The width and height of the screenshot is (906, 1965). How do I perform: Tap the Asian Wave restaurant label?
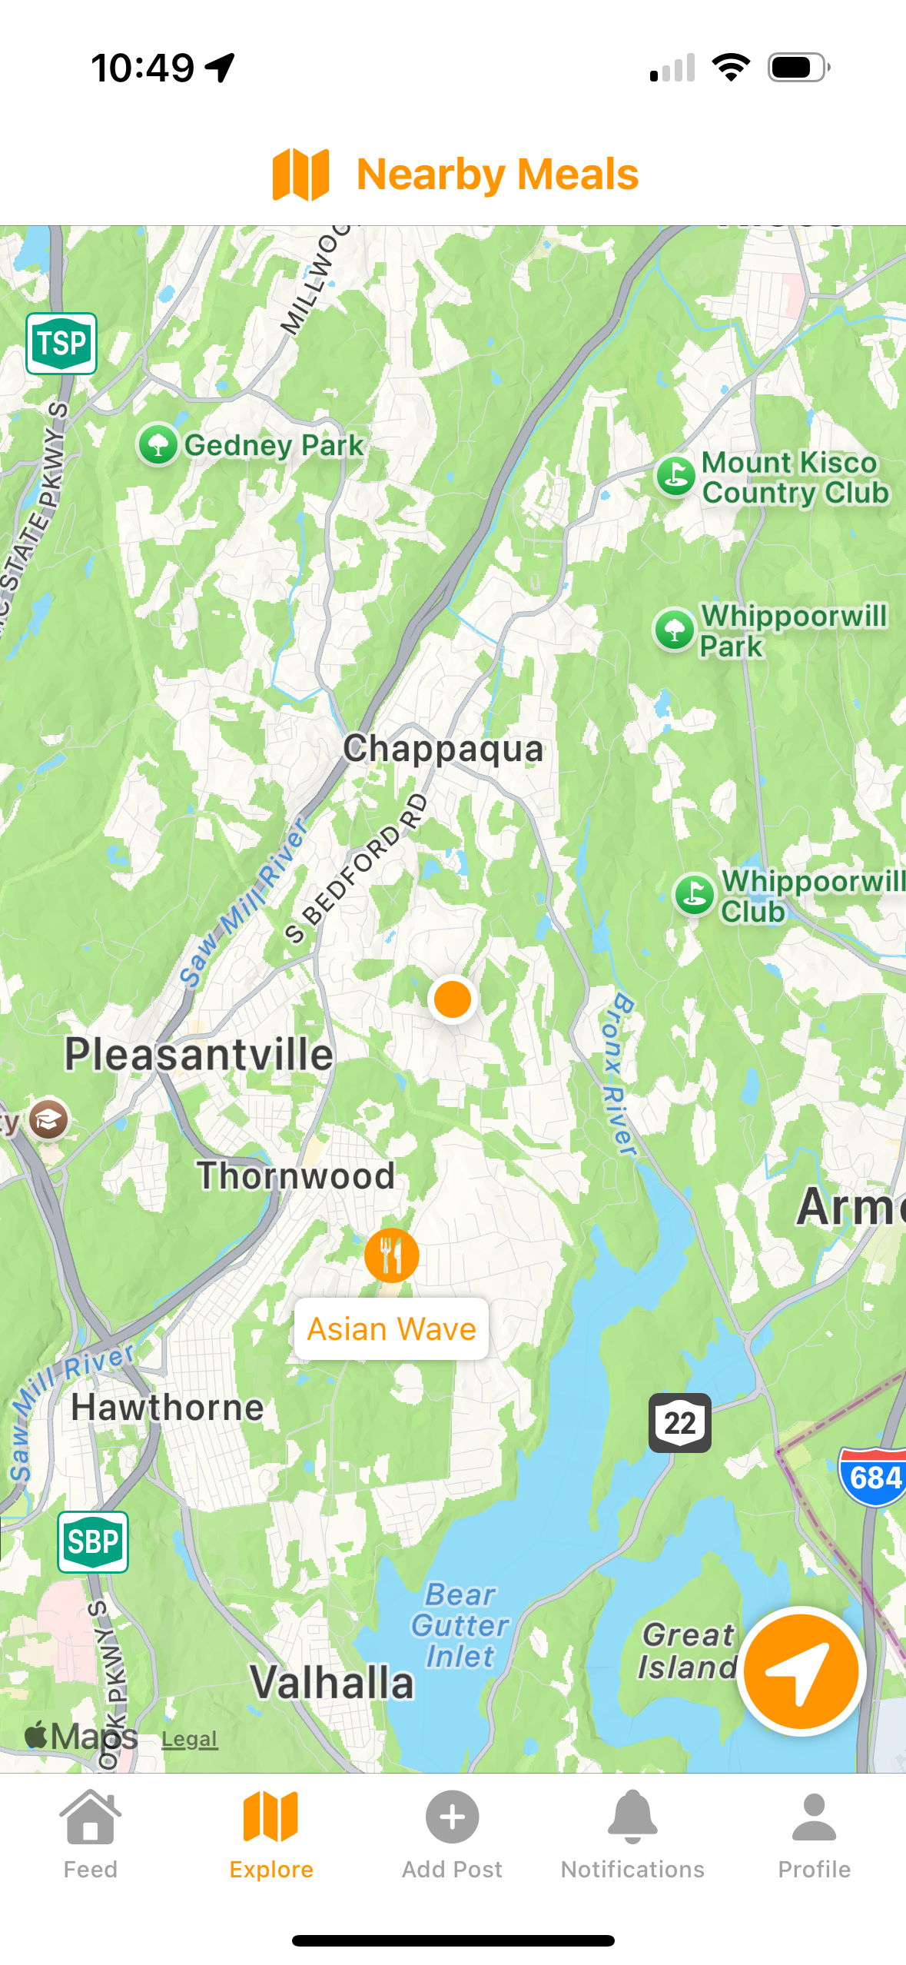[391, 1328]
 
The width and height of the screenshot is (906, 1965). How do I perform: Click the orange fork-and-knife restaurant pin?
[391, 1255]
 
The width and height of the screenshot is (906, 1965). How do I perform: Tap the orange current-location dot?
[452, 999]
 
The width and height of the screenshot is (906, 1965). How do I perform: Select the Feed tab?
[90, 1834]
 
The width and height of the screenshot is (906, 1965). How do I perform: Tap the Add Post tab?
[452, 1834]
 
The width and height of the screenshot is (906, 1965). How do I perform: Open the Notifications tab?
[632, 1834]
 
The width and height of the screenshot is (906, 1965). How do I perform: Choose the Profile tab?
[814, 1834]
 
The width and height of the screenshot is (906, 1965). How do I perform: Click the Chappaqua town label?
[443, 748]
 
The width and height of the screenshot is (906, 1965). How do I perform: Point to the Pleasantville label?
[199, 1053]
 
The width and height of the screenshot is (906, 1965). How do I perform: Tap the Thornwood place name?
[296, 1175]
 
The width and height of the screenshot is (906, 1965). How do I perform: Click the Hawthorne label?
[168, 1407]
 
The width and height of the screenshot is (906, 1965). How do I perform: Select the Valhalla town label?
[332, 1682]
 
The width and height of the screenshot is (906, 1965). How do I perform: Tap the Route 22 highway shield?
[679, 1422]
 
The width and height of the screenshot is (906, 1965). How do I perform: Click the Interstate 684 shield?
[874, 1477]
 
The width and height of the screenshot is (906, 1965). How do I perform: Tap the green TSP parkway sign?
[61, 343]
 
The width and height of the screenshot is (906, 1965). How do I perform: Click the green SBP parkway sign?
[93, 1541]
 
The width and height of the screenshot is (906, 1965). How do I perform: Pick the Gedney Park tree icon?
[158, 444]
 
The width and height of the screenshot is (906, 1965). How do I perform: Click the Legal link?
[189, 1738]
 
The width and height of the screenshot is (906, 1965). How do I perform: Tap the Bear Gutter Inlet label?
[460, 1625]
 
